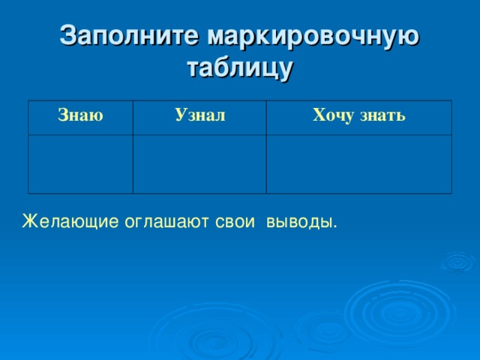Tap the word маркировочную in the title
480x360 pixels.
coord(313,36)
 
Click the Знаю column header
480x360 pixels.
coord(80,115)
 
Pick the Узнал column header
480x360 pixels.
coord(199,115)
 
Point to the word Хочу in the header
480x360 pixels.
coord(332,115)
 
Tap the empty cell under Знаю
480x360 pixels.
coord(81,163)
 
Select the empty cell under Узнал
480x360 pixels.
coord(199,163)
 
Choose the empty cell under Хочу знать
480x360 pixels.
coord(359,163)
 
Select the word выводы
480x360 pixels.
coord(298,222)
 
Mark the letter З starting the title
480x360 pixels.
coord(67,36)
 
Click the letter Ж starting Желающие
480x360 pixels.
coord(28,222)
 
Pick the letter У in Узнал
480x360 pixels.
coord(180,115)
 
